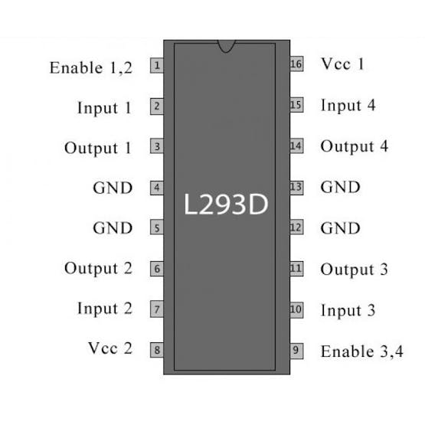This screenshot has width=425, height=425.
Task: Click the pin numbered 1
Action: tap(157, 65)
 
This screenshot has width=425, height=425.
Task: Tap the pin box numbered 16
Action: tap(296, 64)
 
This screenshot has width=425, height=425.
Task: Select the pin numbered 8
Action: tap(157, 350)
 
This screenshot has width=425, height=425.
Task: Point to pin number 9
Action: tap(296, 351)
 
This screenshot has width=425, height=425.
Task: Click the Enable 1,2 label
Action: tap(91, 67)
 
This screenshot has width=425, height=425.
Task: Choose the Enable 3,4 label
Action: tap(362, 351)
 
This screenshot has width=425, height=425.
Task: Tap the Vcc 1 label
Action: tap(342, 64)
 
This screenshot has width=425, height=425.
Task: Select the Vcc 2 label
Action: tap(110, 348)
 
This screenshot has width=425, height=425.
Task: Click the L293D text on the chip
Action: tap(226, 204)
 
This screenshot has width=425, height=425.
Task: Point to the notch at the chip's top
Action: tap(227, 45)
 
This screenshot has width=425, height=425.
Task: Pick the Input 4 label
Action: tap(348, 106)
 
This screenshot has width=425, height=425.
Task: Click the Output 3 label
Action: tap(354, 270)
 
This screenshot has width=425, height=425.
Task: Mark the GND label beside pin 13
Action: tap(341, 187)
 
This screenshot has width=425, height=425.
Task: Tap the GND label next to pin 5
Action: tap(113, 227)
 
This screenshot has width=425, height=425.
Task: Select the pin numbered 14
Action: tap(296, 145)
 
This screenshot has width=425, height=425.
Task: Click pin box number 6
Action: tap(157, 269)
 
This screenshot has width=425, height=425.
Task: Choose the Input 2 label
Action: tap(105, 309)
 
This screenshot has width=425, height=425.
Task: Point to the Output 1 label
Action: tap(98, 149)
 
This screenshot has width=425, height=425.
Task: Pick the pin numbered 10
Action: tap(296, 310)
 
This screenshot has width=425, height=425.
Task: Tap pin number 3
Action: tap(157, 146)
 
